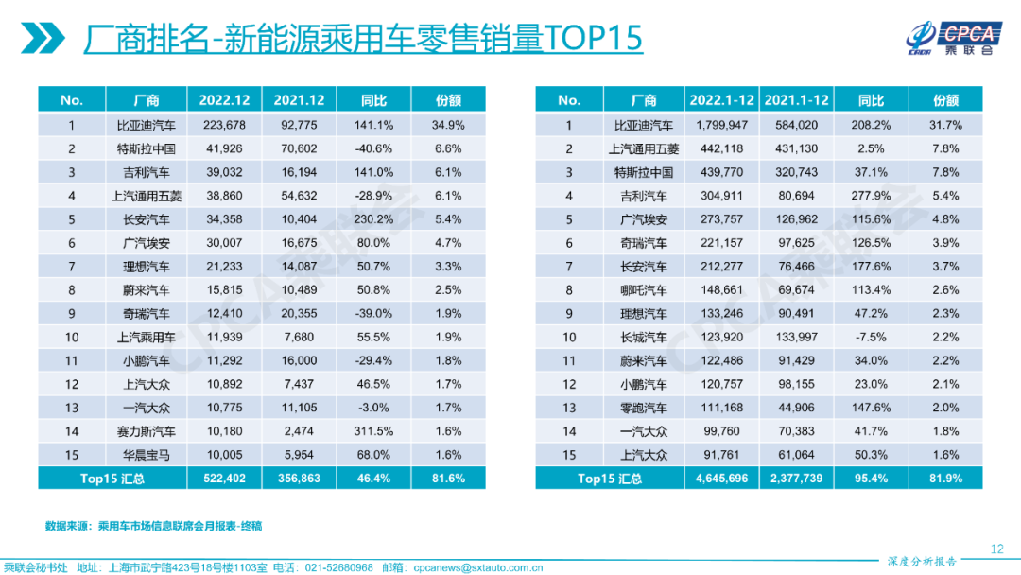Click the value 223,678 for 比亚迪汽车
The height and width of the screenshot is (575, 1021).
coord(223,125)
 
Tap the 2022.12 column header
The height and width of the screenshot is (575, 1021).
coord(223,100)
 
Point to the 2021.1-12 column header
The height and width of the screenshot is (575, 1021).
coord(796,100)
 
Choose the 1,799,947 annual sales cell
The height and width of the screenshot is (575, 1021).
coord(721,125)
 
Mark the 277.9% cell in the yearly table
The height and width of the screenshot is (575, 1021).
coord(871,196)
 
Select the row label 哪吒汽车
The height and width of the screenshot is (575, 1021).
coord(643,290)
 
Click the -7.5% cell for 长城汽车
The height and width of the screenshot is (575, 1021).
coord(871,338)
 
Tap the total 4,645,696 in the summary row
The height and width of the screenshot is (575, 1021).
coord(721,479)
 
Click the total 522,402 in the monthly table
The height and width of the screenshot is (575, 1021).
coord(223,479)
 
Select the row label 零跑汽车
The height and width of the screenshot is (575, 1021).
coord(643,408)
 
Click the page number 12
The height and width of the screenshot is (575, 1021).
coord(995,549)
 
